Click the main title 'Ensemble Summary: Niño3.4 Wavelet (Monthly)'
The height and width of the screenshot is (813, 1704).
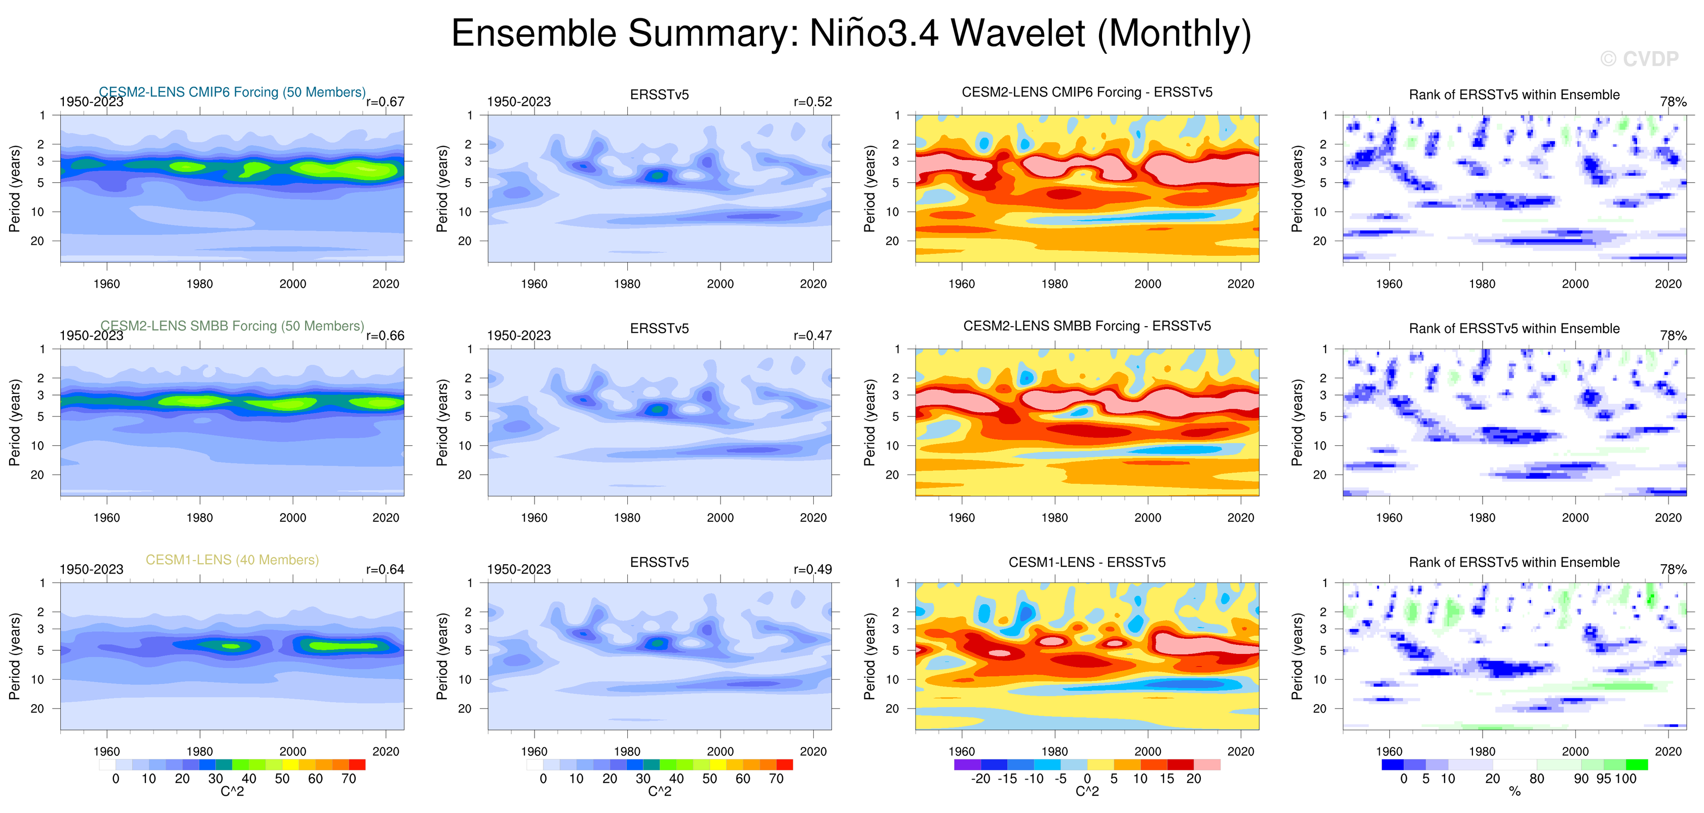(x=851, y=33)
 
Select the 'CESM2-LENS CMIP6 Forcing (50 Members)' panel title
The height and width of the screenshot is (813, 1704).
(x=232, y=92)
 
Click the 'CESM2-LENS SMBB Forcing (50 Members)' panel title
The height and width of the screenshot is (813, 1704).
(x=232, y=326)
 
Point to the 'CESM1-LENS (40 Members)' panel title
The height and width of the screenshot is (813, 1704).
(x=232, y=560)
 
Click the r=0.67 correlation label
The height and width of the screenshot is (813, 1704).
(x=385, y=102)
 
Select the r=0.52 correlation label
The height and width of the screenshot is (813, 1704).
(x=812, y=102)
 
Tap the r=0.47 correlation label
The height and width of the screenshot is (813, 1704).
(x=812, y=335)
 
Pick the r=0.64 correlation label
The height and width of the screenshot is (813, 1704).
(x=385, y=569)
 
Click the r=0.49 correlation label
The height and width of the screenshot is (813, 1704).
(x=812, y=569)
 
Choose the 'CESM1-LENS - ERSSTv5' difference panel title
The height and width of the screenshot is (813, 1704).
(x=1087, y=562)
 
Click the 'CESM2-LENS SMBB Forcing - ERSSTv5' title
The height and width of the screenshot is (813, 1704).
(x=1087, y=326)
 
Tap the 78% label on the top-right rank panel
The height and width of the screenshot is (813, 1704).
(x=1673, y=102)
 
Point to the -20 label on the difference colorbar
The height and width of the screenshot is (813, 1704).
(x=980, y=779)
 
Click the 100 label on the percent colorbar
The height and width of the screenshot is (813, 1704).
(x=1625, y=779)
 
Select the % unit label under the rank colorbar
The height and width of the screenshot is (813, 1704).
(x=1514, y=791)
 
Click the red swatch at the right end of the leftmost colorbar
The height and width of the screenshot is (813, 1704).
(x=357, y=765)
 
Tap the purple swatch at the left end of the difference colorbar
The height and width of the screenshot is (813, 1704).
(x=967, y=765)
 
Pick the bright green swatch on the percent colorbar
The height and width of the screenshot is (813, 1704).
(x=1636, y=765)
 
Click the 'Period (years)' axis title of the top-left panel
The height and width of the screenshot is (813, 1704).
(x=15, y=188)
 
